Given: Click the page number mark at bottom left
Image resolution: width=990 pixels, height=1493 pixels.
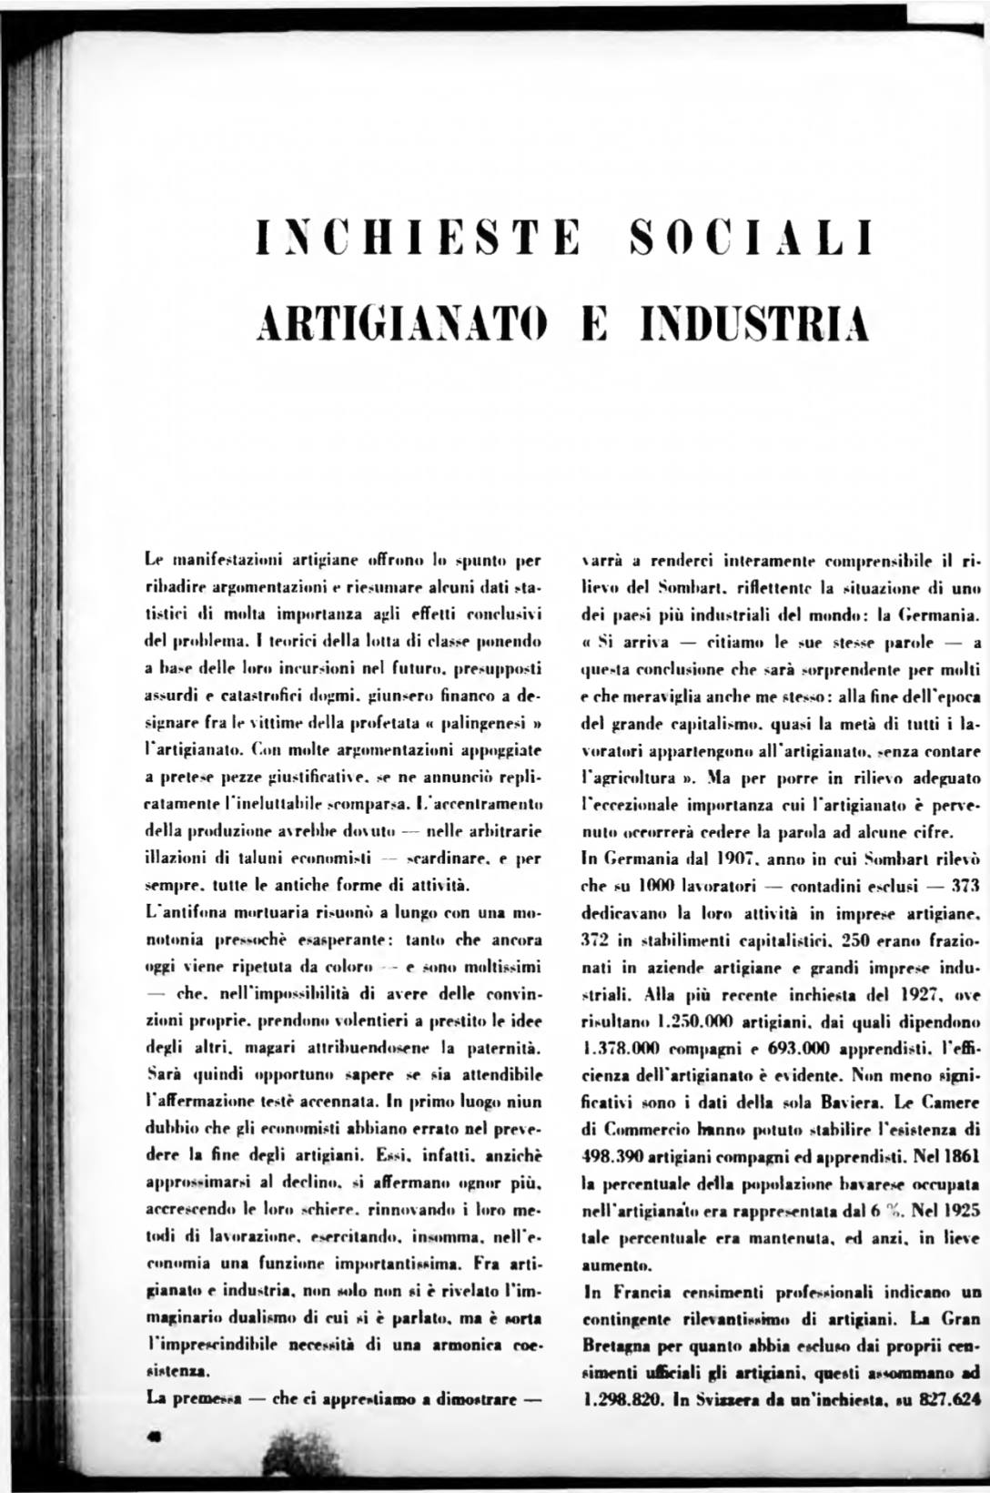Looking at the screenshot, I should coord(152,1432).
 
